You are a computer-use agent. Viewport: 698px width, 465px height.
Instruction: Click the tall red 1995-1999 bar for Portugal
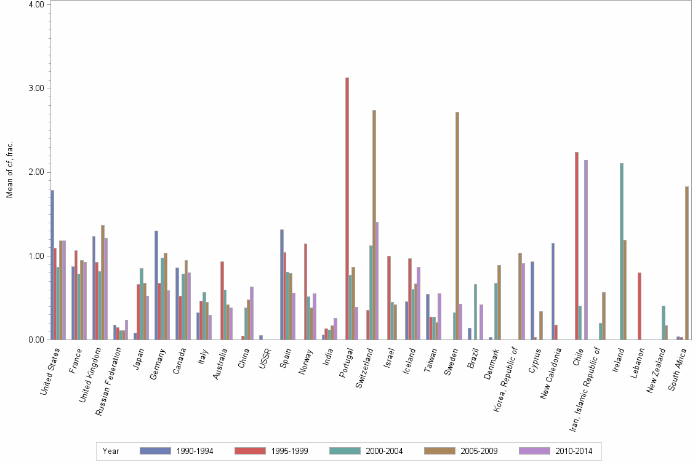347,209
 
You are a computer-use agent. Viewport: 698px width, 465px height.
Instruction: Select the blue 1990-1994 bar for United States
52,265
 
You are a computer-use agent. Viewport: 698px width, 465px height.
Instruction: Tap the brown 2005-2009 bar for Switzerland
374,225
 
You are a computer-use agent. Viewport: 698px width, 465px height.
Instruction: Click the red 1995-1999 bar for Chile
576,246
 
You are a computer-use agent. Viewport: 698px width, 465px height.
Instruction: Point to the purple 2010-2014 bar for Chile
585,250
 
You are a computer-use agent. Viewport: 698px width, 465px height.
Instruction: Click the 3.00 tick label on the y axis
36,89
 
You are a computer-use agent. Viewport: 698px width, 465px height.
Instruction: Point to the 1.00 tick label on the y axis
36,256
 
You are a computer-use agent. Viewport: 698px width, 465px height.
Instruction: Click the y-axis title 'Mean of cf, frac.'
9,170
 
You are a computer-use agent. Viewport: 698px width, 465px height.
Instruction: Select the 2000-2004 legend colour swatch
345,451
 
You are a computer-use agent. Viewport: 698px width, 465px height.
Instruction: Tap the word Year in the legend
111,451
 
